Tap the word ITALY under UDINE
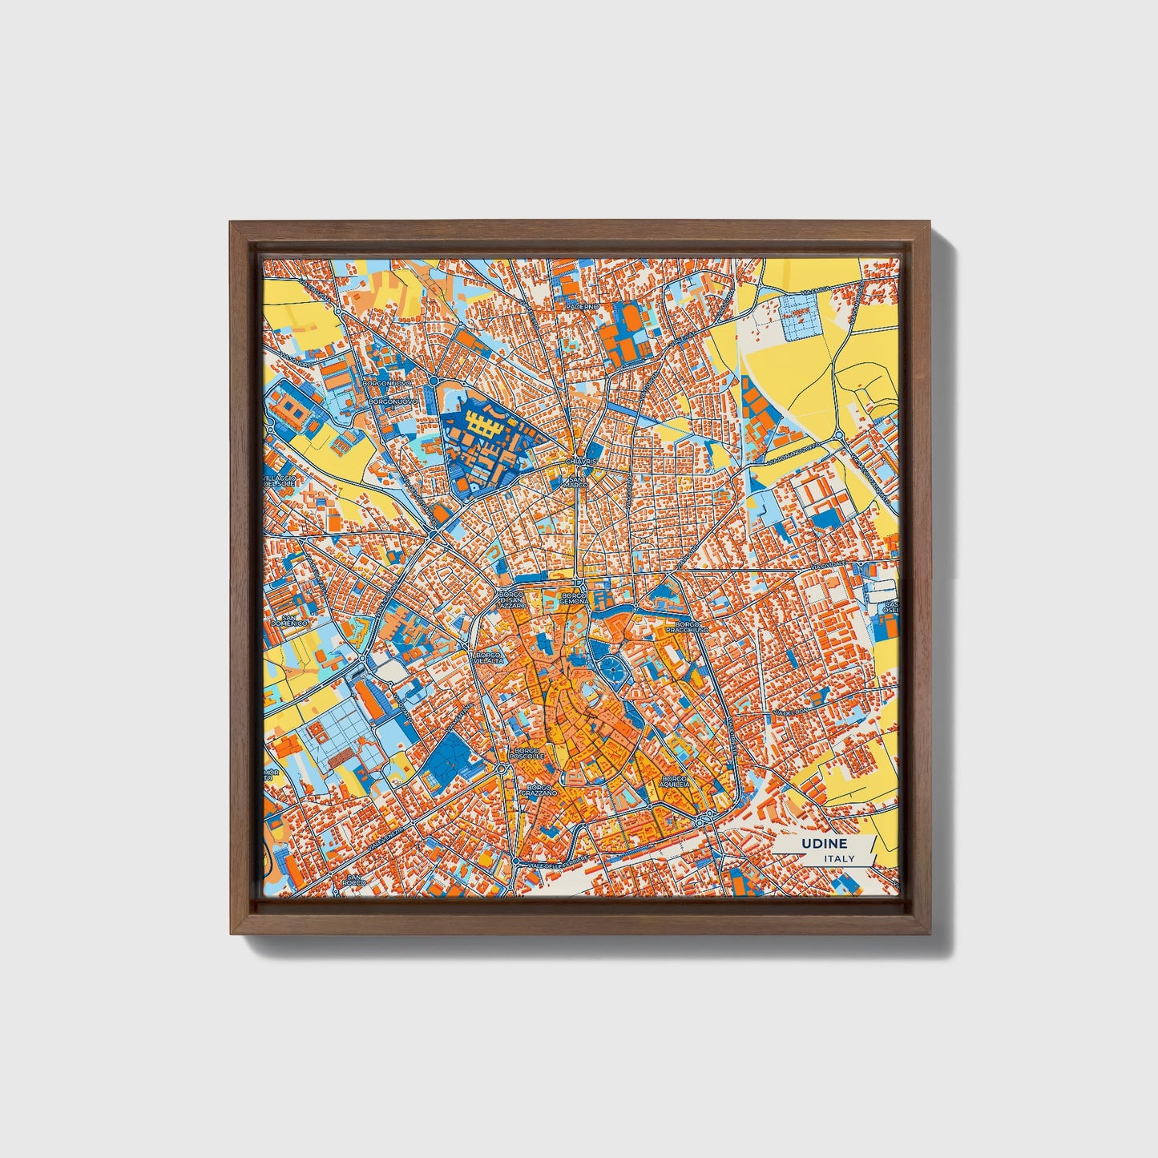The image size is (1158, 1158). point(838,858)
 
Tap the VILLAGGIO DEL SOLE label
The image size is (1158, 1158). point(280,481)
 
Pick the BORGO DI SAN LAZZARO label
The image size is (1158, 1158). point(510,601)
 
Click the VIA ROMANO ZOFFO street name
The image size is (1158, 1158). point(794,454)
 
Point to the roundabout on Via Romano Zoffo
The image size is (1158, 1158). point(839,434)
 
